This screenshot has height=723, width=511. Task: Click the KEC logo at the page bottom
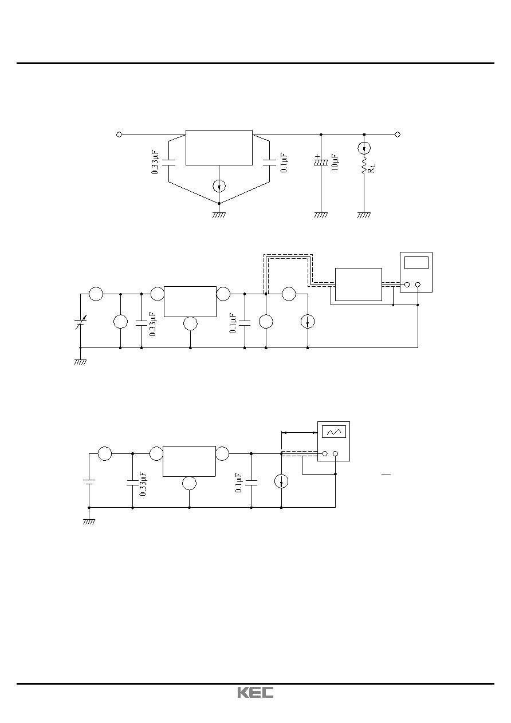tap(255, 692)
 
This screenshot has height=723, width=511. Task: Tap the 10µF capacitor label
tap(335, 163)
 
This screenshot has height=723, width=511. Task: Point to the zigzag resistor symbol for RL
tap(364, 165)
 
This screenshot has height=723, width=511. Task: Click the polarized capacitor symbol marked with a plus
tap(321, 160)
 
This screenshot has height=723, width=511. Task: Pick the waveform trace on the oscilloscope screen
tap(333, 432)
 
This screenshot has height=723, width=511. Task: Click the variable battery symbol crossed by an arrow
tap(80, 322)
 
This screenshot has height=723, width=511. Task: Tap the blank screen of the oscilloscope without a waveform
tap(416, 262)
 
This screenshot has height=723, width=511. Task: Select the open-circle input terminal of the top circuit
tap(119, 135)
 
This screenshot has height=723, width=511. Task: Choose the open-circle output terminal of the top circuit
tap(398, 135)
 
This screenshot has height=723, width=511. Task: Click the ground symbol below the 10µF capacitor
tap(321, 215)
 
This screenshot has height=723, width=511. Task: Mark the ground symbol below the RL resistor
tap(364, 215)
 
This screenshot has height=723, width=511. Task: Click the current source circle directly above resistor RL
tap(364, 148)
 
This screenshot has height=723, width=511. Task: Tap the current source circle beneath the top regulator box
tap(219, 186)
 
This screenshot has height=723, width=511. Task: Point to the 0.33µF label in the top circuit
tap(155, 162)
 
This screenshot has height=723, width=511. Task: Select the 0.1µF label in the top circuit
tap(284, 163)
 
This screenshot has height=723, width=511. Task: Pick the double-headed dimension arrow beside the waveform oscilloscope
tap(299, 433)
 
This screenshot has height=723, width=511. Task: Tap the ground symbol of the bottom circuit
tap(89, 521)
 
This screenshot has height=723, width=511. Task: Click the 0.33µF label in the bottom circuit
tap(143, 484)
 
